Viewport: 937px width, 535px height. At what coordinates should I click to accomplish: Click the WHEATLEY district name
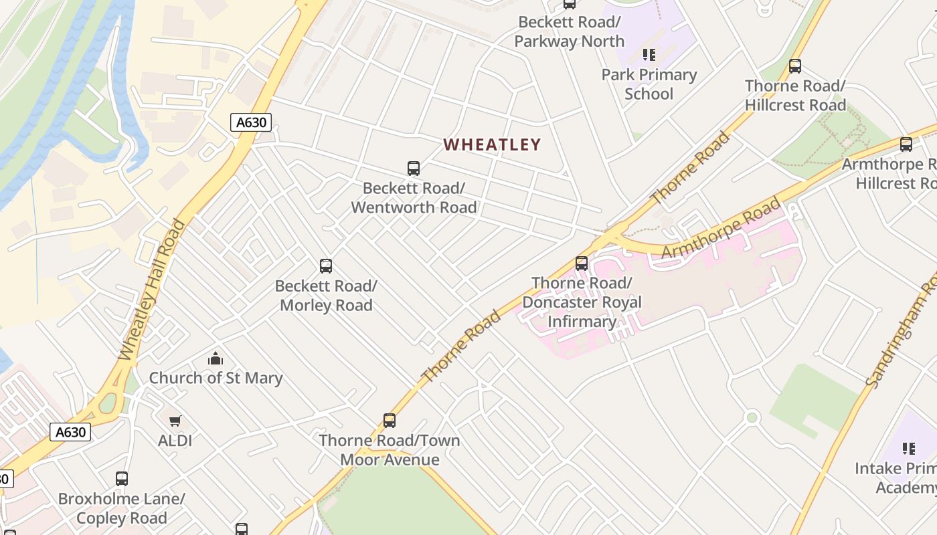click(x=492, y=144)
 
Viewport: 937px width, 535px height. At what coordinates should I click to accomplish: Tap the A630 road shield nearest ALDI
click(x=70, y=432)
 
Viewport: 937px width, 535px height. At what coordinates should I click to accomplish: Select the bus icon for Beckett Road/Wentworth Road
click(x=414, y=169)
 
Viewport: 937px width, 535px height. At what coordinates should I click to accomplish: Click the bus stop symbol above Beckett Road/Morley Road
click(x=326, y=266)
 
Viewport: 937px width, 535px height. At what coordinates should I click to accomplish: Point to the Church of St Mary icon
click(x=215, y=359)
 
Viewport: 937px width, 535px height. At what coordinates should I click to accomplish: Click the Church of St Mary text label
click(x=216, y=378)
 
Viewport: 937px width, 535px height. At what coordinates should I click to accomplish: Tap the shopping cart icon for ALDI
click(x=175, y=421)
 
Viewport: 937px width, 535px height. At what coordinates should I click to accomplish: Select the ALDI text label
click(x=175, y=441)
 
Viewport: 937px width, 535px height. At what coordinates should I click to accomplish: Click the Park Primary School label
click(x=649, y=84)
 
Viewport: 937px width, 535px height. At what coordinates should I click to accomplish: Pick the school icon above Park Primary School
click(x=649, y=55)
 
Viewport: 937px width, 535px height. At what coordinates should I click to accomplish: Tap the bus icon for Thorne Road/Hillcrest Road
click(x=795, y=66)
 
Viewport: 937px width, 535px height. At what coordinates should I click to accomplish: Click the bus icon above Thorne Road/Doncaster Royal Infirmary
click(x=582, y=263)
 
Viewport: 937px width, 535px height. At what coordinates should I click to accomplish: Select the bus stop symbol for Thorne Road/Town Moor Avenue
click(x=390, y=421)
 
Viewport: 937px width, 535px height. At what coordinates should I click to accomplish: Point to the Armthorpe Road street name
click(x=721, y=227)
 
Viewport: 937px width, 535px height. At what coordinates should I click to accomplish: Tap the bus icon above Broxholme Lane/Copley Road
click(x=121, y=479)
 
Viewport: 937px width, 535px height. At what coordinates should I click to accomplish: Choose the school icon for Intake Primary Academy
click(x=908, y=449)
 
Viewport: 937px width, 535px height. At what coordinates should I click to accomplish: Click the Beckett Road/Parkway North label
click(x=569, y=31)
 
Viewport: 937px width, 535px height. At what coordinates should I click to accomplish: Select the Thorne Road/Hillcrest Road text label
click(x=795, y=96)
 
